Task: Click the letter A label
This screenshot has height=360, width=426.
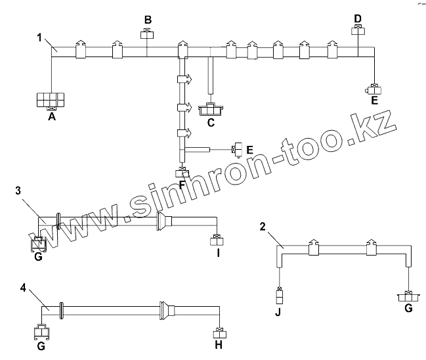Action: point(51,118)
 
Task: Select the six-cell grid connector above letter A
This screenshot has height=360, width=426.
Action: point(51,99)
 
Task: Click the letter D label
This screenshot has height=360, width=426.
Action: point(358,17)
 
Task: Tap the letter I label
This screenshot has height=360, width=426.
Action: point(217,252)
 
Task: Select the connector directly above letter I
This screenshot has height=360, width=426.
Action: point(217,239)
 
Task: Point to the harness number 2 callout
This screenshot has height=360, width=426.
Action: point(263,227)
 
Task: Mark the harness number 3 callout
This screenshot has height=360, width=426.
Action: point(19,191)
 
